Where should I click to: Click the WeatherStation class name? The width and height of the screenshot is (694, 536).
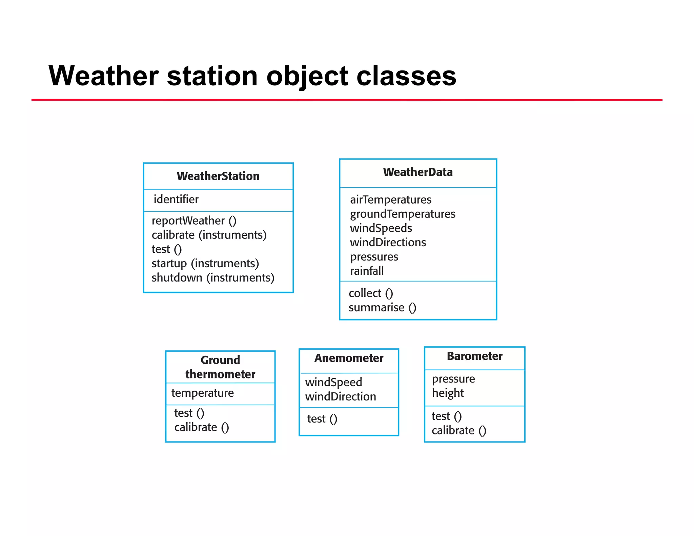(218, 176)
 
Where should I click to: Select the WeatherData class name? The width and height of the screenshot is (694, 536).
(417, 172)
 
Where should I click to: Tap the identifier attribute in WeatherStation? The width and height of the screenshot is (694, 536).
(176, 199)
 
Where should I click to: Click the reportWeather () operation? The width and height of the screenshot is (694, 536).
(194, 221)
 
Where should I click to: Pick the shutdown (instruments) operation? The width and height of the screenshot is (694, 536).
(213, 277)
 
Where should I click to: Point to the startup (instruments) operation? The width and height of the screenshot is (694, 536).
(205, 263)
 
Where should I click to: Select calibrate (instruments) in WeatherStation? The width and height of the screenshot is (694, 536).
(209, 235)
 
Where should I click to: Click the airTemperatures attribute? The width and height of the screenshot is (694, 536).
(390, 200)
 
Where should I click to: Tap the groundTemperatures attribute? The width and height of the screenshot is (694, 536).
(402, 214)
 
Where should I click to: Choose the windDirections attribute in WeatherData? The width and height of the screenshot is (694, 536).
(388, 242)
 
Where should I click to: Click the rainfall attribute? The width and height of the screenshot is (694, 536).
(367, 271)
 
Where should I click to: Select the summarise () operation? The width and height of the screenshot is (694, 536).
(382, 307)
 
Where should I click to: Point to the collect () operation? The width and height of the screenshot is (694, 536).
(371, 293)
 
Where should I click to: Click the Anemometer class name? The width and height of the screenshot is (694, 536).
(349, 358)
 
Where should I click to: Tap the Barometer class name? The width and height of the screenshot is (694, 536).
(474, 356)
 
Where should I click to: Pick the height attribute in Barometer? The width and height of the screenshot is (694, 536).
(447, 393)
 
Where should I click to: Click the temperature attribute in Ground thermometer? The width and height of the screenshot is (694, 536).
(202, 393)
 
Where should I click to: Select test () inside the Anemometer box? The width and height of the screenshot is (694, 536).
(322, 419)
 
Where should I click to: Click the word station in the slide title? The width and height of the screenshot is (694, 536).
(212, 76)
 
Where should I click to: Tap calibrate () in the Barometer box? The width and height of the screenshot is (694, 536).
(458, 430)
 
